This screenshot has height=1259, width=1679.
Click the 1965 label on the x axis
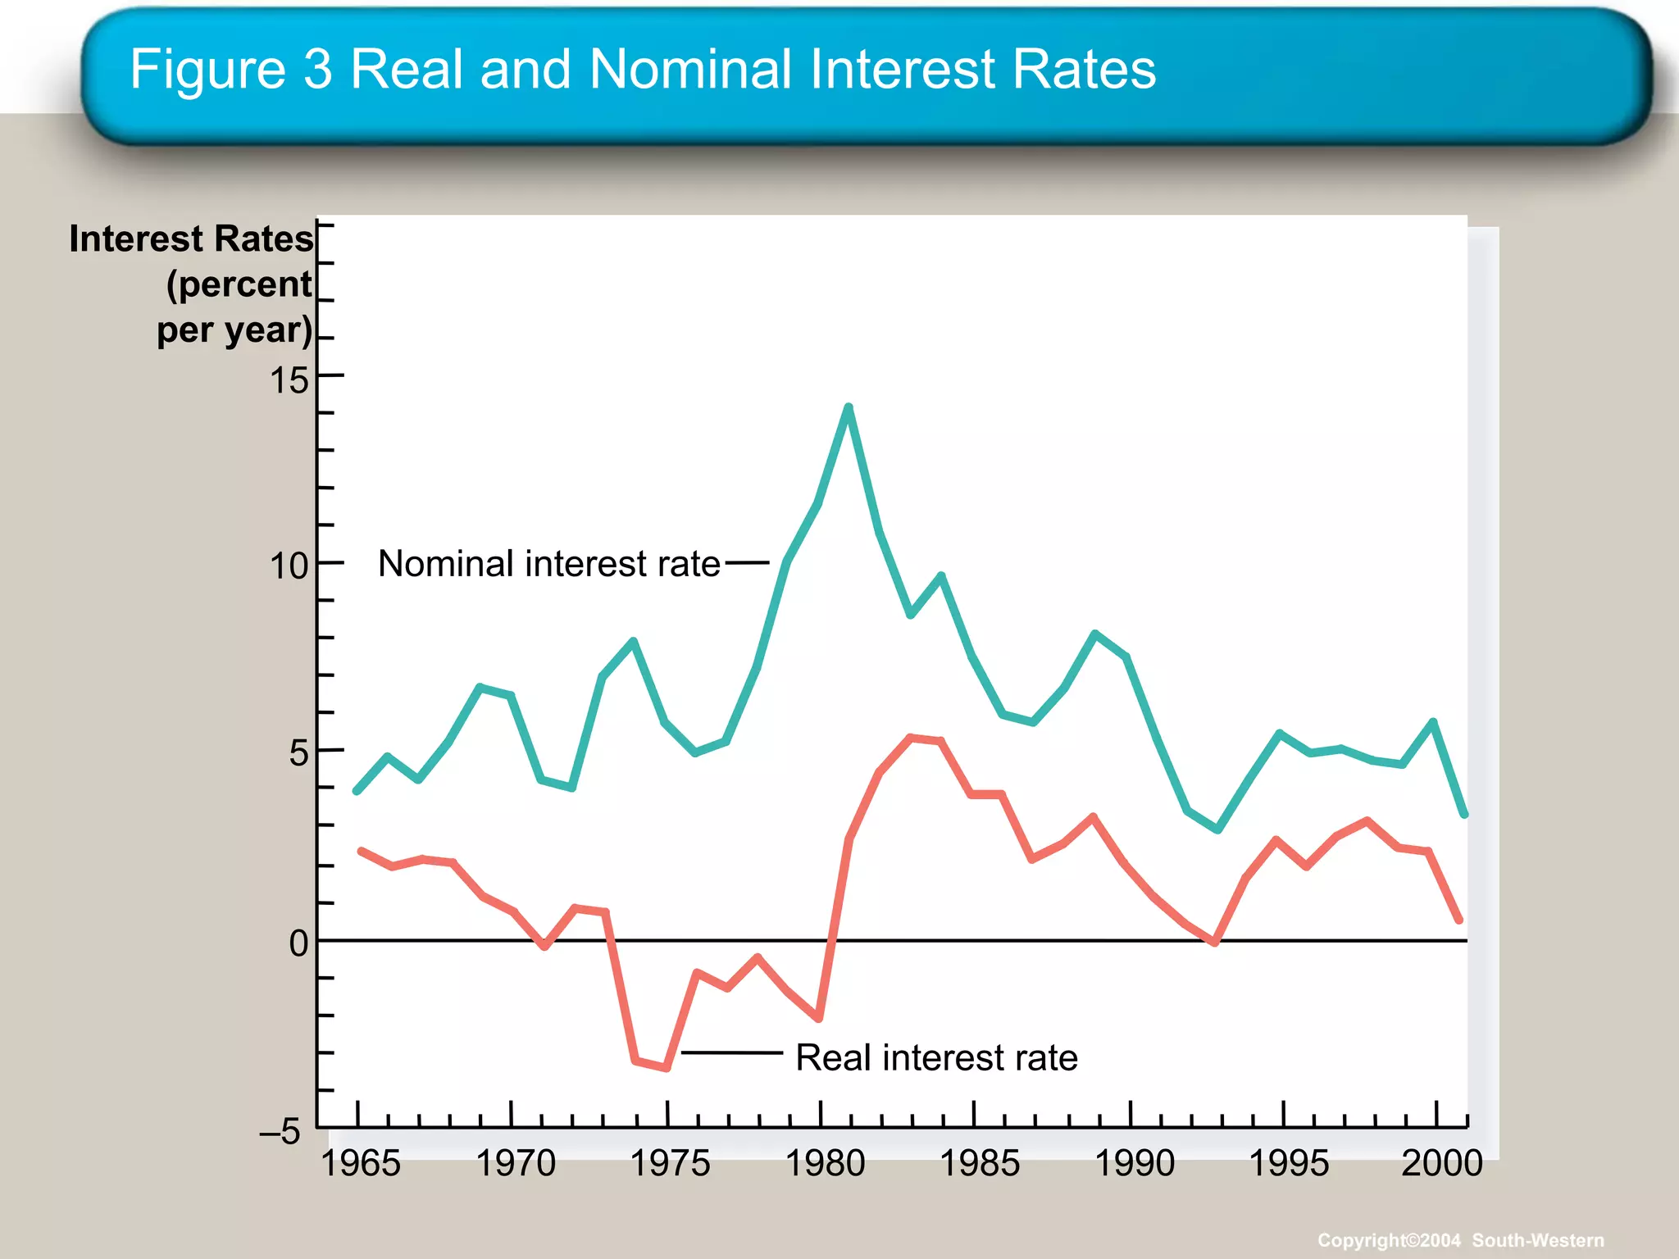pyautogui.click(x=361, y=1163)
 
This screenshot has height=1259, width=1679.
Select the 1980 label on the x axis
pyautogui.click(x=825, y=1163)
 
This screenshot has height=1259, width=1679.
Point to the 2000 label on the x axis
pyautogui.click(x=1441, y=1163)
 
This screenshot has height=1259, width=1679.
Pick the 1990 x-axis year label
pyautogui.click(x=1135, y=1163)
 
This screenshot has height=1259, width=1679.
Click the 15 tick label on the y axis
pyautogui.click(x=289, y=380)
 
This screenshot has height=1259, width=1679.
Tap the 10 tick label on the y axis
pyautogui.click(x=289, y=566)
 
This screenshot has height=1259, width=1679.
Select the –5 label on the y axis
pyautogui.click(x=280, y=1132)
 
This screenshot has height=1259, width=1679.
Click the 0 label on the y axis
pyautogui.click(x=298, y=943)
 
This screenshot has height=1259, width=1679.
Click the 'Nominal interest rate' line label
pyautogui.click(x=548, y=564)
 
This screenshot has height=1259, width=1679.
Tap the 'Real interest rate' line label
pyautogui.click(x=936, y=1057)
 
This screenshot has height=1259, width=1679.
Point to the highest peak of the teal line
pyautogui.click(x=849, y=407)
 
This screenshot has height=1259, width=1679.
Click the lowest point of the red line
pyautogui.click(x=667, y=1067)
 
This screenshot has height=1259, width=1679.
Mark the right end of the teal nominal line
pyautogui.click(x=1464, y=814)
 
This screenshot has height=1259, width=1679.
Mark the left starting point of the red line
pyautogui.click(x=362, y=852)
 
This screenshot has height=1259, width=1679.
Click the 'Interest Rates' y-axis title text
pyautogui.click(x=191, y=239)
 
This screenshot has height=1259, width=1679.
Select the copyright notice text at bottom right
pyautogui.click(x=1460, y=1240)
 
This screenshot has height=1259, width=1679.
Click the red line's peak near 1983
pyautogui.click(x=911, y=738)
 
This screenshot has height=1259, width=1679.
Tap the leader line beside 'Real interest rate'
pyautogui.click(x=731, y=1052)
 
